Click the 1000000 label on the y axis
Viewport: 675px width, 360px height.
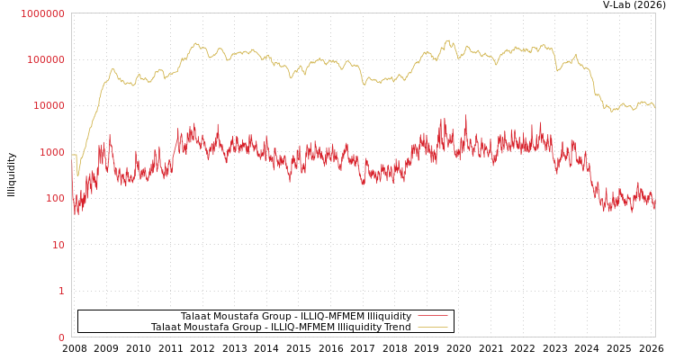pyautogui.click(x=42, y=13)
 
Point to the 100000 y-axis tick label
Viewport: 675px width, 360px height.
pyautogui.click(x=45, y=59)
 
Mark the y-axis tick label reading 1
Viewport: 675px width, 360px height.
pyautogui.click(x=61, y=291)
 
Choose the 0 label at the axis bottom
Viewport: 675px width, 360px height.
pyautogui.click(x=61, y=337)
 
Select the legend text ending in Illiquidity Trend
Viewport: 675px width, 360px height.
pyautogui.click(x=281, y=328)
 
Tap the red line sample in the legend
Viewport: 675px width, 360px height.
pyautogui.click(x=432, y=317)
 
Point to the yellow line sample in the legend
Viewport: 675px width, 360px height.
pyautogui.click(x=432, y=328)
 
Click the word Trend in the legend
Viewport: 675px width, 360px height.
pyautogui.click(x=396, y=328)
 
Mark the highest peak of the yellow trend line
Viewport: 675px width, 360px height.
pyautogui.click(x=447, y=40)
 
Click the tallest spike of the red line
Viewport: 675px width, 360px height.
pyautogui.click(x=465, y=116)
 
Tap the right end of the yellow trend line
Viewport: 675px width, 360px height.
pyautogui.click(x=654, y=108)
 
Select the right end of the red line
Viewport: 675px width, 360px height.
pyautogui.click(x=654, y=207)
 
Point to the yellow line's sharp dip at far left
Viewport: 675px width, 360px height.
pyautogui.click(x=77, y=175)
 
